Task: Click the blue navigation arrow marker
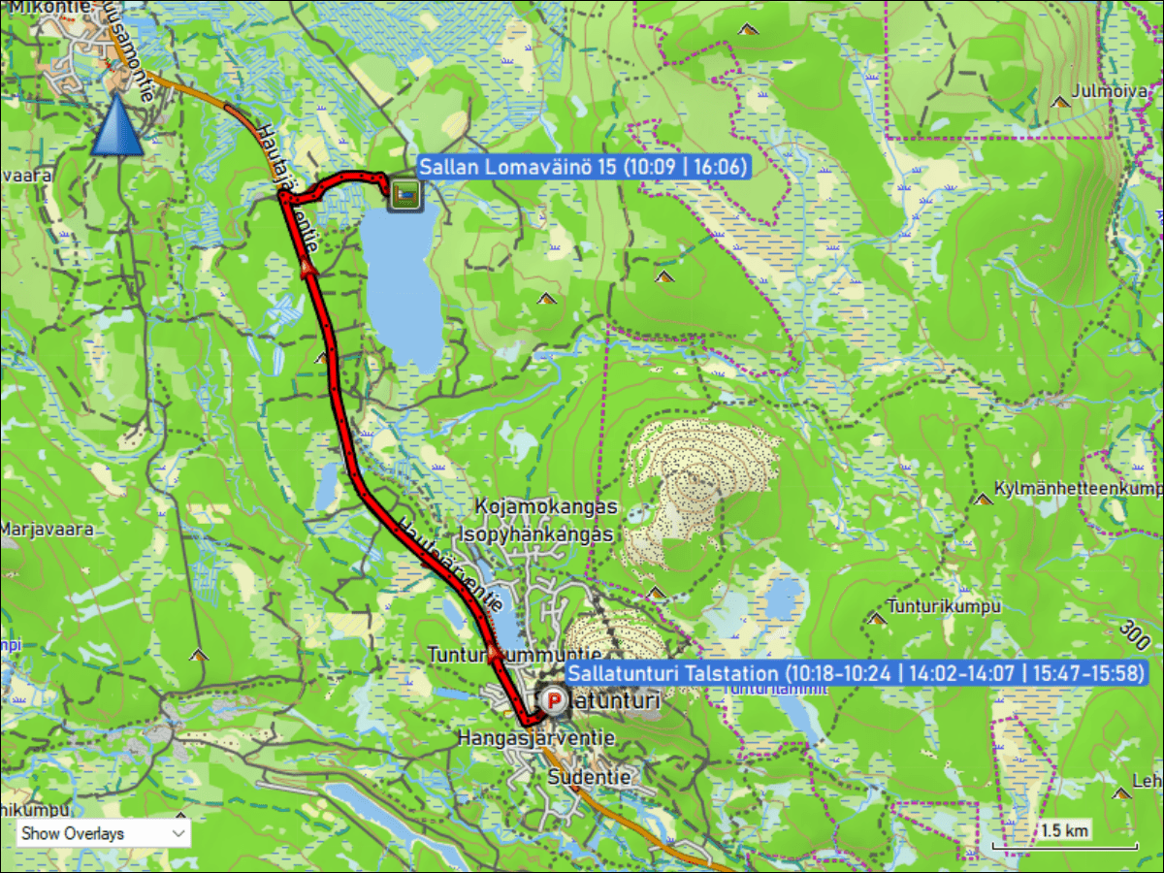(117, 126)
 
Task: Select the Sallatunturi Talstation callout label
(856, 673)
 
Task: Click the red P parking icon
(553, 699)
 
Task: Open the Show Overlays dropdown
(103, 832)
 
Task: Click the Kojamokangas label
(546, 507)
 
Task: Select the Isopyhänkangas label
(535, 534)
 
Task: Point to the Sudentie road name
(589, 777)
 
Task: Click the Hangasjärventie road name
(536, 738)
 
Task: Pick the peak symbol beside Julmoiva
(1059, 100)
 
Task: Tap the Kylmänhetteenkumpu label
(1077, 487)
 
